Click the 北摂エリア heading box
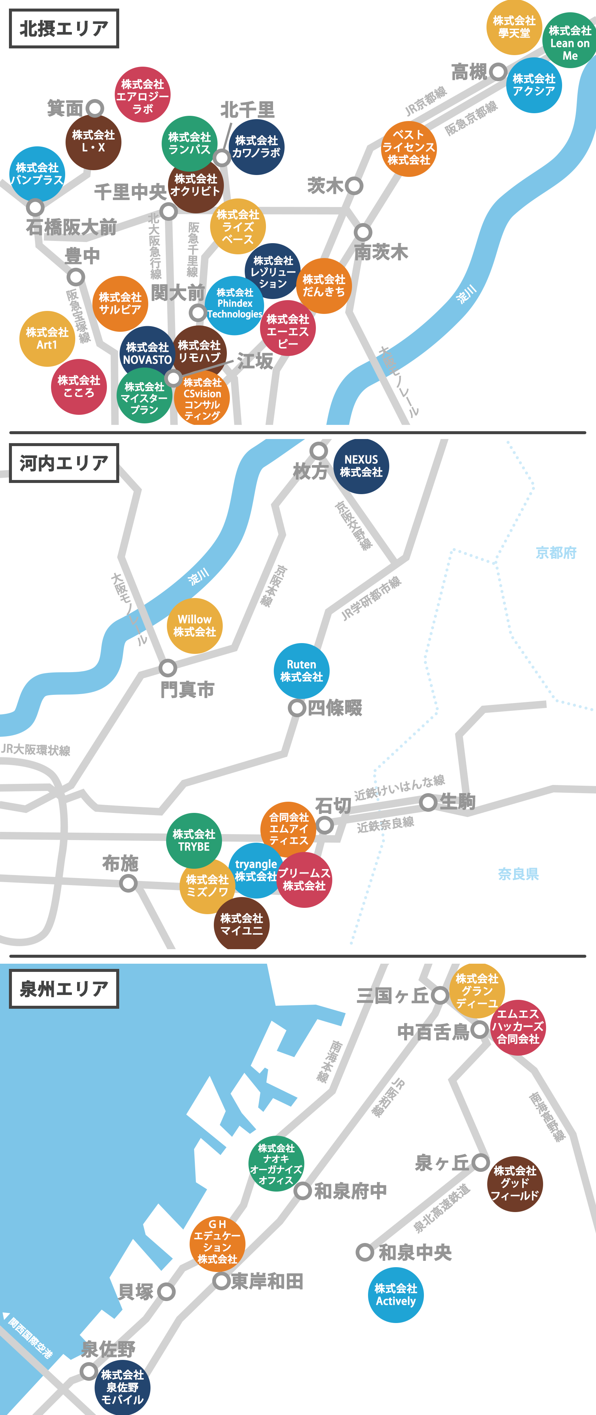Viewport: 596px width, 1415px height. [64, 29]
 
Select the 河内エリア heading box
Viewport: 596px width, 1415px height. [64, 463]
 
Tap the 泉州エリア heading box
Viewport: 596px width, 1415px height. [64, 989]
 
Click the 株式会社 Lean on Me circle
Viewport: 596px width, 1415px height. [570, 42]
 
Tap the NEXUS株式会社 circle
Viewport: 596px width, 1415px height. [361, 466]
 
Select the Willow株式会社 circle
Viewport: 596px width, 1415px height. [194, 626]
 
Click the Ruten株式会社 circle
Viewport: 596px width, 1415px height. [301, 671]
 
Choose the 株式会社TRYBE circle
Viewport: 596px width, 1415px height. [194, 840]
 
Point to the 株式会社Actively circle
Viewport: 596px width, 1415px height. [396, 1295]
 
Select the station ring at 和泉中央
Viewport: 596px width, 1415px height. [365, 1252]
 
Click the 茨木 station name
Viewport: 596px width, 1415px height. [325, 186]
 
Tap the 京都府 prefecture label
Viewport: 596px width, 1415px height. [556, 553]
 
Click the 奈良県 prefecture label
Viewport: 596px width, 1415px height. [518, 873]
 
